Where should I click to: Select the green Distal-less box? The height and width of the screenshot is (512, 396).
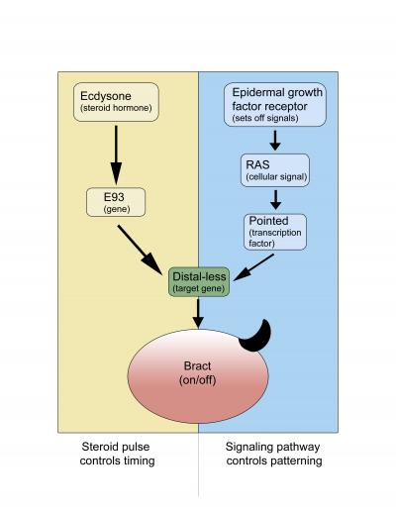click(x=200, y=281)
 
